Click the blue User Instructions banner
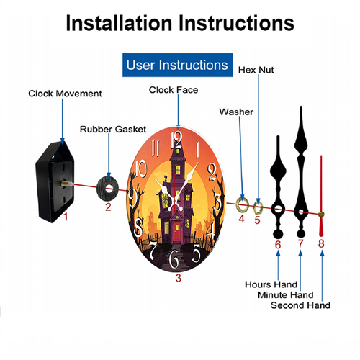point(177,65)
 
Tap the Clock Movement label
point(65,94)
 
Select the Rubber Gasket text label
point(113,130)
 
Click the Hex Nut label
point(256,70)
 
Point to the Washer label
point(236,112)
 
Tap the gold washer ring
point(242,205)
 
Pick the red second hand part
point(321,196)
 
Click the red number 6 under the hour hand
point(278,245)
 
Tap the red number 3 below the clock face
point(178,278)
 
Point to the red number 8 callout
point(321,243)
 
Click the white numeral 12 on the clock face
point(176,140)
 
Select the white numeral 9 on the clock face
point(132,197)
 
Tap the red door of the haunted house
point(177,232)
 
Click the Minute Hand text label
point(286,295)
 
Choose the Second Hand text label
point(300,305)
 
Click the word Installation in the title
point(119,23)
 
